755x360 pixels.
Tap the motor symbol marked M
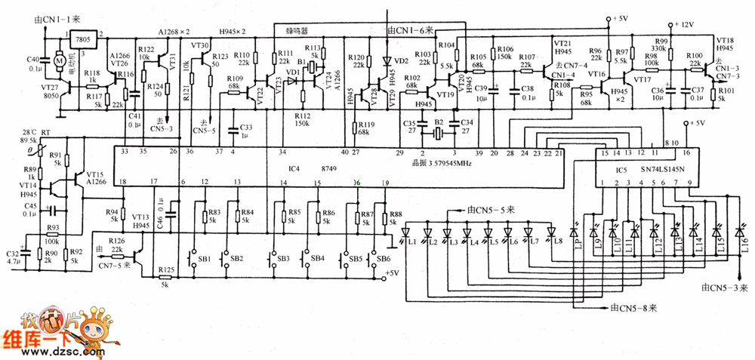click(57, 58)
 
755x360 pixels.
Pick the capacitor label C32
click(13, 254)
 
